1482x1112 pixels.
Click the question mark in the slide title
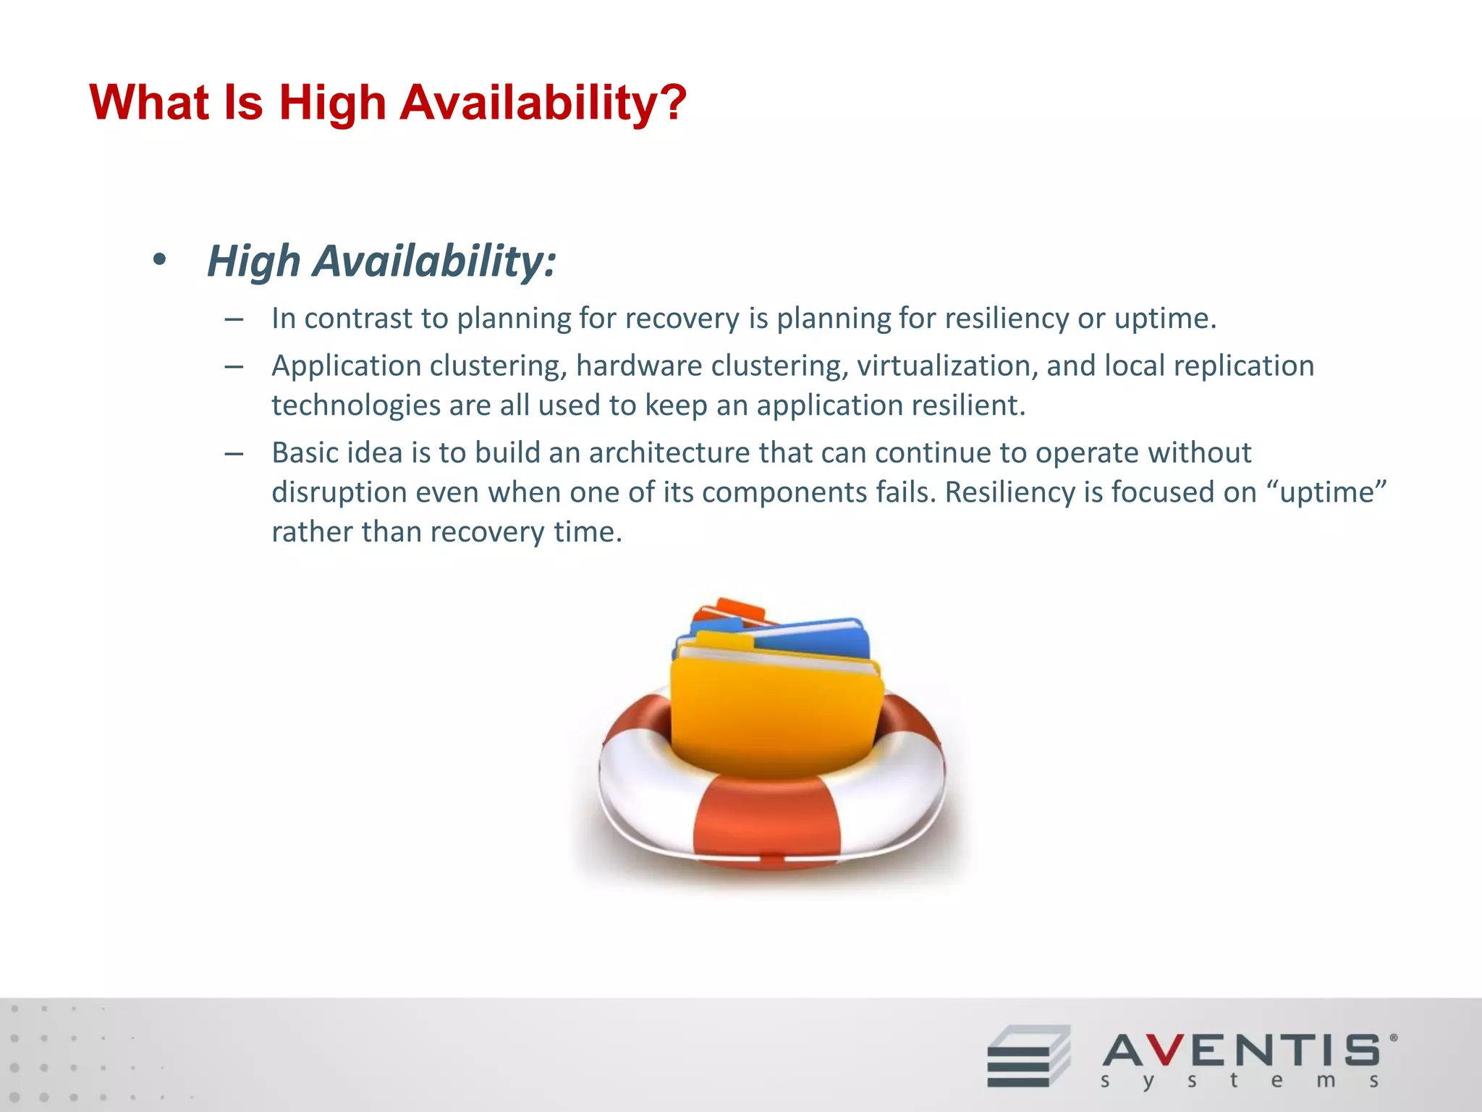[672, 103]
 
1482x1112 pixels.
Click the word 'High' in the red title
[332, 103]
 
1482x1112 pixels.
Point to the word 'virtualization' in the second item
[947, 366]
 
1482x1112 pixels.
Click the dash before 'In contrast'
[233, 319]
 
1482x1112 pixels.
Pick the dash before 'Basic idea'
[233, 454]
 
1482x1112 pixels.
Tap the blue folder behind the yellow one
[818, 637]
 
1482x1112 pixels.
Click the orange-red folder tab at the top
[738, 608]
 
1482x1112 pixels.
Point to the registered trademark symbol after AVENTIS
[1394, 1037]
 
